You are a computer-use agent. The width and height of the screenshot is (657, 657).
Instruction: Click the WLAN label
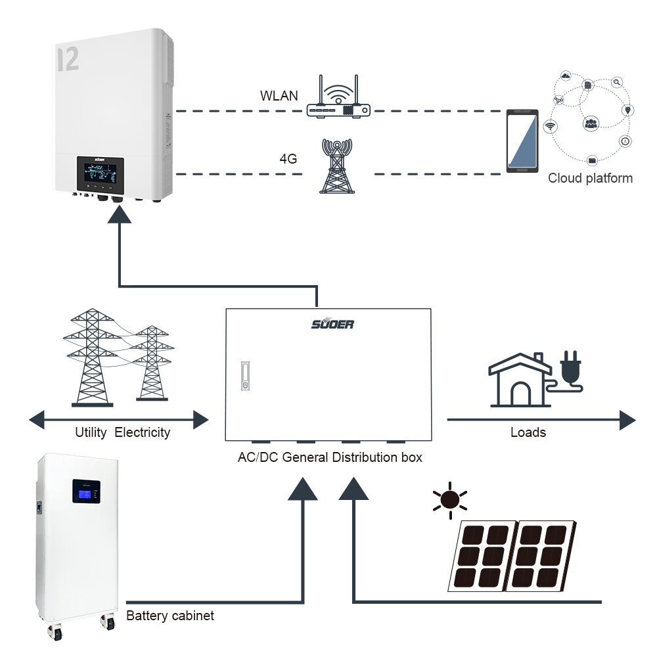(279, 96)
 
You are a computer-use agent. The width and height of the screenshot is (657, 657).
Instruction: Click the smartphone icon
(522, 141)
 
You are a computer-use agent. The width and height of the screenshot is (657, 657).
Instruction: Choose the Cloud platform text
(590, 178)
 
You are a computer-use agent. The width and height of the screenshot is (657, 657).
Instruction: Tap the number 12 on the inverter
(68, 59)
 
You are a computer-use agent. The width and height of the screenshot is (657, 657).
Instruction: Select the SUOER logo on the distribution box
(332, 323)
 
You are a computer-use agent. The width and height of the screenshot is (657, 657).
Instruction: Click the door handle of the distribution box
(245, 376)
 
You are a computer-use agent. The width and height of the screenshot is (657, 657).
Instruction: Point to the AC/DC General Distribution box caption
(330, 457)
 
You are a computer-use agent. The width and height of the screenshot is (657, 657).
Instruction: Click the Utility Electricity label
(122, 432)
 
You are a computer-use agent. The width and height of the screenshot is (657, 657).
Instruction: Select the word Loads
(528, 432)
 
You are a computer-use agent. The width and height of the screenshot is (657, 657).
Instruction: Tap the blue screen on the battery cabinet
(86, 491)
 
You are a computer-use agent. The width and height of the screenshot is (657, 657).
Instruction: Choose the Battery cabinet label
(170, 616)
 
